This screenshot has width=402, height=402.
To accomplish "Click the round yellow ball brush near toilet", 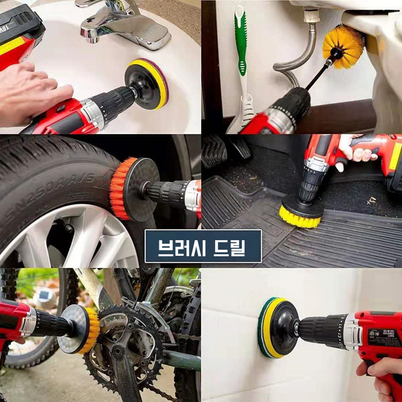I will (x=343, y=46).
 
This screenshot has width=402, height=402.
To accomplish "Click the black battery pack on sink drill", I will (x=20, y=25).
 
